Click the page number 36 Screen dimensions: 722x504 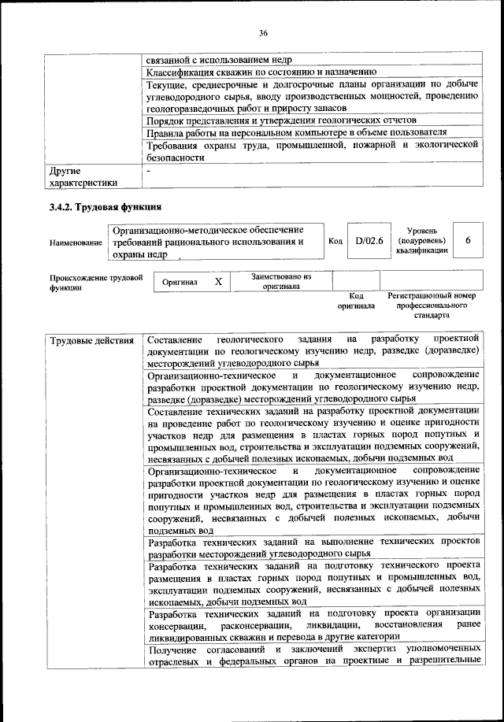pos(263,32)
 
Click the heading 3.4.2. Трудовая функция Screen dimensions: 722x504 pos(105,208)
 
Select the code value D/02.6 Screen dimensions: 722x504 pos(369,242)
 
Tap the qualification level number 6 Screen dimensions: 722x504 pos(468,242)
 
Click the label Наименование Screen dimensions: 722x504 pos(76,243)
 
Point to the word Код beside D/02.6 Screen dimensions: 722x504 pos(334,242)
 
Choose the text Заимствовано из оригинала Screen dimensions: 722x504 pos(282,282)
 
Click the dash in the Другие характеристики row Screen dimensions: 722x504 pos(148,170)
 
